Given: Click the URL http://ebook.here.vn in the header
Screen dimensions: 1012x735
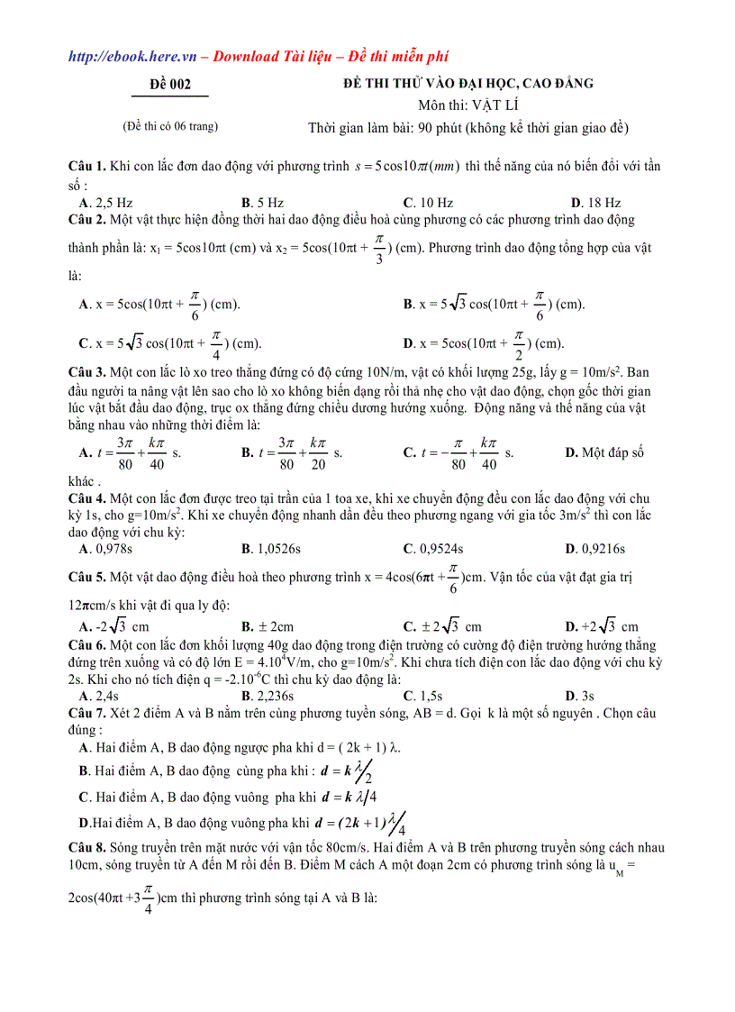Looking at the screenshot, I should [132, 56].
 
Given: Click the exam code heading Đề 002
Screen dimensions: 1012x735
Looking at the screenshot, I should [170, 85].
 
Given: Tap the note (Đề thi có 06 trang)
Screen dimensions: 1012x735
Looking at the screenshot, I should [170, 126].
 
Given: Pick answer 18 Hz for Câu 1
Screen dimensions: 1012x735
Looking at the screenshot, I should [602, 203].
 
